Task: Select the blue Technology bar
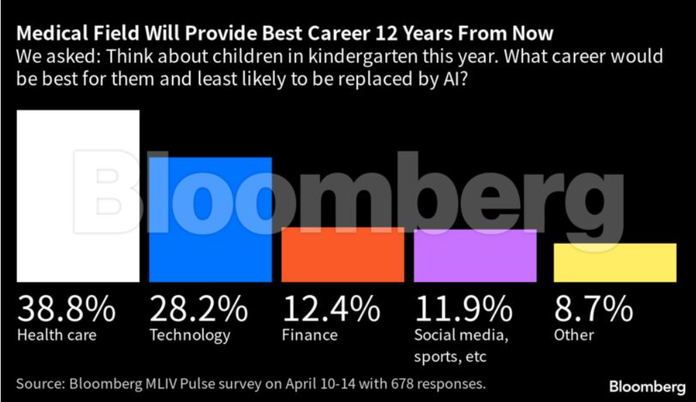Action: (x=211, y=219)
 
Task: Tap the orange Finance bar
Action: (x=343, y=254)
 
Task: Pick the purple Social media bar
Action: (x=475, y=255)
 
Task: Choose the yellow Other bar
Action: (x=615, y=262)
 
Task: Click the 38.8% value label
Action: (x=67, y=309)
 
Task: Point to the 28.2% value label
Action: (x=199, y=309)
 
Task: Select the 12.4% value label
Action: (x=331, y=309)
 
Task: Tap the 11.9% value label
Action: (x=464, y=309)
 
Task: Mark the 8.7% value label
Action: (x=593, y=309)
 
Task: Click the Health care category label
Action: (x=57, y=336)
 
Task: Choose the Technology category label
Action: (x=190, y=336)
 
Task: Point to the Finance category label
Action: (x=309, y=336)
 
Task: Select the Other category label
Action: (x=574, y=336)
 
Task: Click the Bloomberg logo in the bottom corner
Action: (x=647, y=385)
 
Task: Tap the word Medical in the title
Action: (x=49, y=34)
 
